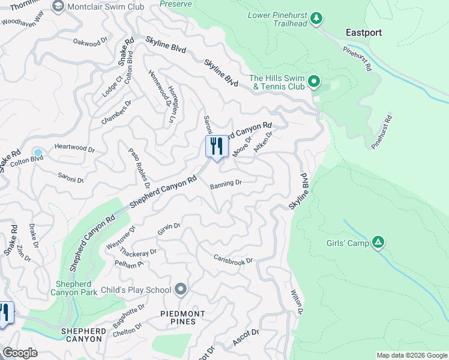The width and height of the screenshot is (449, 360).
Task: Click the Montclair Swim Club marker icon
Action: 58,6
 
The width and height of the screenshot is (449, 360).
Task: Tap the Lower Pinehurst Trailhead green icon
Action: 316,18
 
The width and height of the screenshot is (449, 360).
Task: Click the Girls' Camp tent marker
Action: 378,242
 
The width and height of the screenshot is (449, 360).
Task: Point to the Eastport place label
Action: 364,32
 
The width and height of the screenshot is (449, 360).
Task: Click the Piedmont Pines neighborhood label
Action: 182,318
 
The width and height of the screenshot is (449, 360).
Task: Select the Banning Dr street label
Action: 226,184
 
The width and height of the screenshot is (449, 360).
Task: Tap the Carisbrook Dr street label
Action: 234,259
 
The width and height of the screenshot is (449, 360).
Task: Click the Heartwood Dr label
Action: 75,147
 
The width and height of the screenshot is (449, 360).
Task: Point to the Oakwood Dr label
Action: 89,42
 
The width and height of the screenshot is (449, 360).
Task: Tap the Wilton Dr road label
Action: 297,302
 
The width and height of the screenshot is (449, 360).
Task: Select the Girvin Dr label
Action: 169,227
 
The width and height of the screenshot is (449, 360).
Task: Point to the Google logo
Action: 20,353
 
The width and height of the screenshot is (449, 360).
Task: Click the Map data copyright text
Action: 411,355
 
